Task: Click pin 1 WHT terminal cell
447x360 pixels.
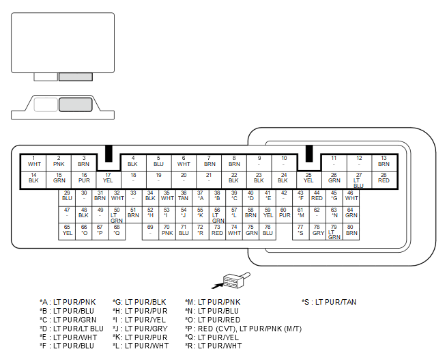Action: (33, 163)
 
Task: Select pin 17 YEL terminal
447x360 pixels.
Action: (109, 180)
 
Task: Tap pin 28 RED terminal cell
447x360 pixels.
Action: (384, 180)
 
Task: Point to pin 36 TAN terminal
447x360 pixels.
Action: (184, 197)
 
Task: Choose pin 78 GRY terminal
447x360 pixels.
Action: (317, 232)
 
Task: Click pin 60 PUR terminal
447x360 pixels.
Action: (284, 214)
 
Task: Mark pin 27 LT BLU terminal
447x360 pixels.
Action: (359, 180)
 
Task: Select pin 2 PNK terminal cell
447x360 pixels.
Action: (59, 163)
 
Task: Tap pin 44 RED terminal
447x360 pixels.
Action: (317, 197)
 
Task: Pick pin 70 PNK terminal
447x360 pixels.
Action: (167, 232)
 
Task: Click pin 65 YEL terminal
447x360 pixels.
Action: (67, 232)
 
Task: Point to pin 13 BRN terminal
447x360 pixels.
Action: (384, 163)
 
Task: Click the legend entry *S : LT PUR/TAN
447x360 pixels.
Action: (329, 302)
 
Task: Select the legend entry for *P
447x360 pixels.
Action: (243, 329)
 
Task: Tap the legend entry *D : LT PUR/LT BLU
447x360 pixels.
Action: (72, 329)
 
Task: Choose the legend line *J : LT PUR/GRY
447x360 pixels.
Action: (140, 329)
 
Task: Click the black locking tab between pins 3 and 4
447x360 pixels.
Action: (109, 154)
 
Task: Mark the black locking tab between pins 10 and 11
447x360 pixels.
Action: (309, 154)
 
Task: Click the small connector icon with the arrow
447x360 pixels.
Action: (231, 280)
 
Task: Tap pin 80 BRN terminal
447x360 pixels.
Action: (351, 232)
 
